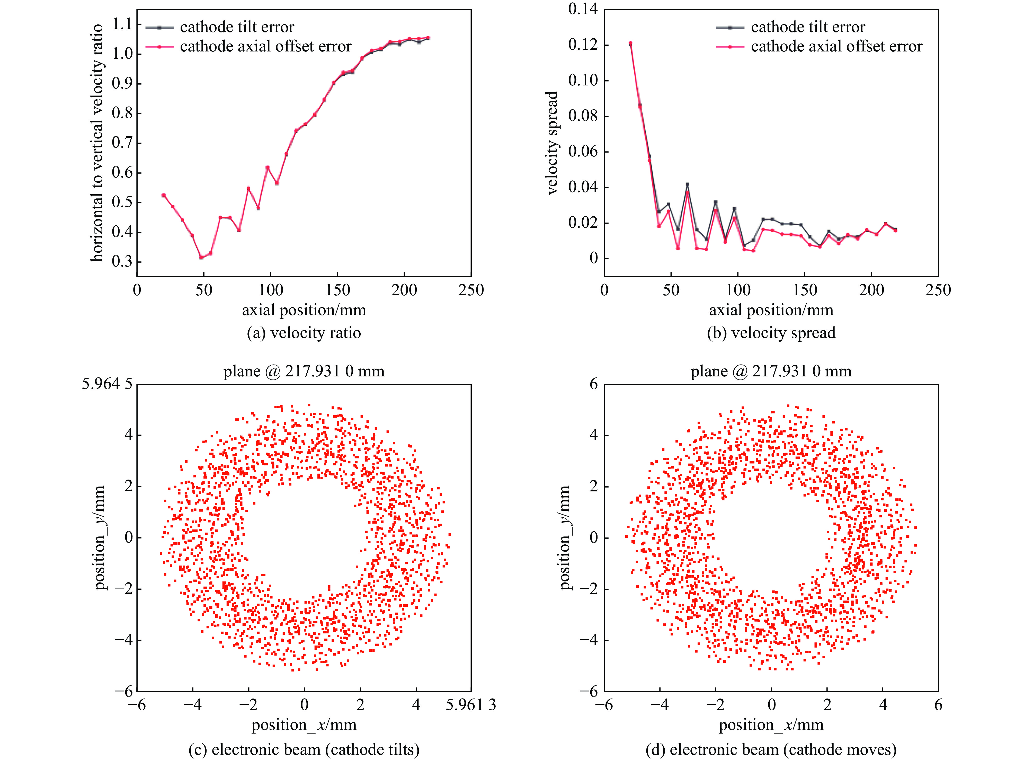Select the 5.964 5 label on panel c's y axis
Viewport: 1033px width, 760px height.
(x=107, y=384)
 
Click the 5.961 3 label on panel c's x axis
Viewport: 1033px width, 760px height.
(x=470, y=705)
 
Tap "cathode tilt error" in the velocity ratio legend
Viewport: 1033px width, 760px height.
(x=237, y=27)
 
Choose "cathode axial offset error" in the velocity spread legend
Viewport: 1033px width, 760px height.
(x=836, y=47)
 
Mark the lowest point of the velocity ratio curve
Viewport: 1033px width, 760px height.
(x=201, y=257)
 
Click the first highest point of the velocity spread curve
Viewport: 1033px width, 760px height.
(x=630, y=43)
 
